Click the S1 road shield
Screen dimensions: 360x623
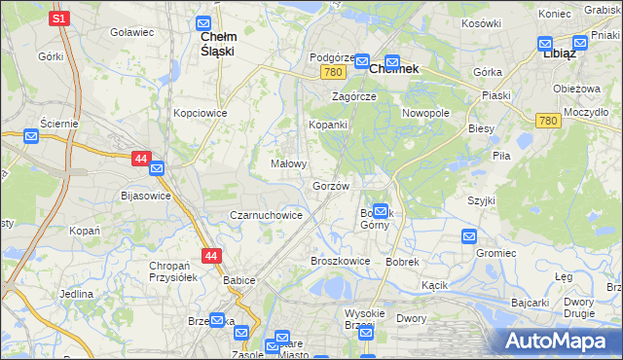click(58, 18)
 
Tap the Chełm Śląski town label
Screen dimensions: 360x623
click(216, 44)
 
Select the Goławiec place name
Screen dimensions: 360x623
click(132, 32)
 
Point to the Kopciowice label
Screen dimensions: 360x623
click(201, 113)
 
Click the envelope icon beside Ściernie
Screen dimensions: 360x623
click(30, 136)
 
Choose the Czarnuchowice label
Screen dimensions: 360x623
click(266, 215)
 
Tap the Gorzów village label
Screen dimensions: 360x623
click(331, 185)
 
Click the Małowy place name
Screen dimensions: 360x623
click(289, 163)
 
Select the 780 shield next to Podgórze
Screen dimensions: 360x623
click(335, 73)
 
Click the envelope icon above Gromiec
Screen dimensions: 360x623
click(469, 235)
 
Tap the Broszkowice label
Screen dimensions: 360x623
click(340, 261)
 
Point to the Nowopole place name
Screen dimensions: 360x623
click(425, 113)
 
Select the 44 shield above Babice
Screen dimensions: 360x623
click(211, 256)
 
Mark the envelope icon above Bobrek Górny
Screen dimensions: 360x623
click(381, 210)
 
